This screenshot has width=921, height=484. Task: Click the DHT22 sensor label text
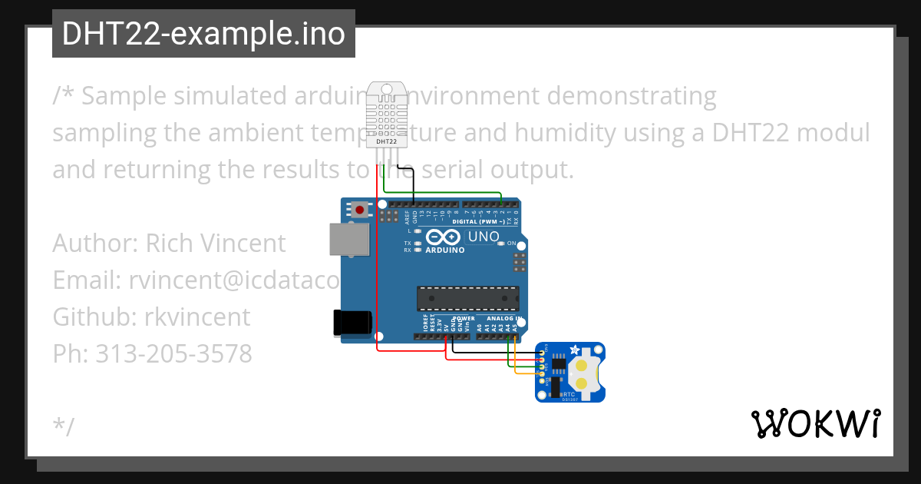[387, 141]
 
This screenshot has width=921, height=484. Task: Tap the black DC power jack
[352, 322]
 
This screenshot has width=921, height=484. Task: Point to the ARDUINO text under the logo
[444, 250]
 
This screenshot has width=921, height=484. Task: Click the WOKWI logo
[815, 423]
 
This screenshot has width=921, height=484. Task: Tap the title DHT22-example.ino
[203, 34]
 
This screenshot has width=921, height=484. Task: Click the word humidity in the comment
[553, 133]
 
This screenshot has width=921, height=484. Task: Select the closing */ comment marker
[64, 427]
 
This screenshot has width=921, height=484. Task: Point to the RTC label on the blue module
[569, 393]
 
